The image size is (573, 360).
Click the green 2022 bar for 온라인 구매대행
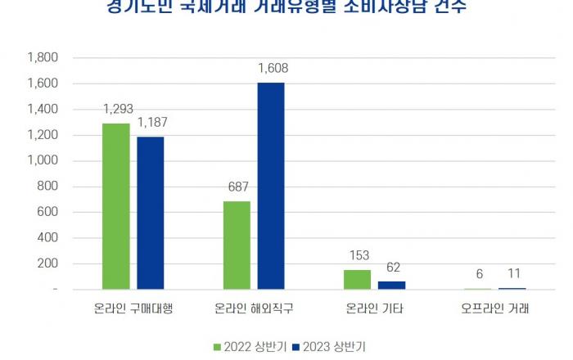pyautogui.click(x=116, y=206)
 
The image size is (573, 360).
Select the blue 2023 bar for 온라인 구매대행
pyautogui.click(x=151, y=213)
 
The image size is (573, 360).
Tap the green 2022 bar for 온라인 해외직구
pyautogui.click(x=237, y=245)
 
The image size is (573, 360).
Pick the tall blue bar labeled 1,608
pyautogui.click(x=271, y=186)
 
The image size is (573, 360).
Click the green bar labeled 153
pyautogui.click(x=357, y=279)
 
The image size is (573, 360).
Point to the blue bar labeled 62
pyautogui.click(x=391, y=285)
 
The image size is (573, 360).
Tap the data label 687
pyautogui.click(x=237, y=187)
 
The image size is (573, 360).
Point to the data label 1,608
pyautogui.click(x=273, y=69)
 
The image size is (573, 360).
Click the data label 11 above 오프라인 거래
pyautogui.click(x=513, y=274)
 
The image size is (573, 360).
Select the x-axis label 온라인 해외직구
pyautogui.click(x=254, y=309)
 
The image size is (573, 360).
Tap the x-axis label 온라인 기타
pyautogui.click(x=375, y=309)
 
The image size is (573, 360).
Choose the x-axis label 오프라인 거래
pyautogui.click(x=495, y=309)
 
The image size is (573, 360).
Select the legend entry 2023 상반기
pyautogui.click(x=330, y=346)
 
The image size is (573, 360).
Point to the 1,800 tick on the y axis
pyautogui.click(x=43, y=58)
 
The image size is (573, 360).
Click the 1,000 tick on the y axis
pyautogui.click(x=43, y=161)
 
